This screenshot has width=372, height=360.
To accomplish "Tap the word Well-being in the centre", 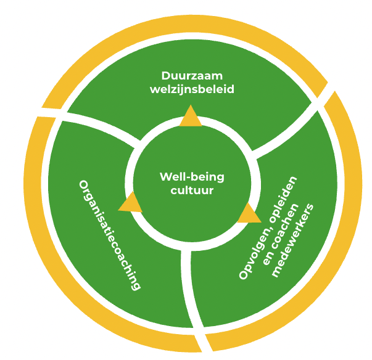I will [192, 177].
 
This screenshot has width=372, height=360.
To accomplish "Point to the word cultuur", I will [192, 190].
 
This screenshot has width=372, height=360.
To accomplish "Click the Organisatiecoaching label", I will [110, 234].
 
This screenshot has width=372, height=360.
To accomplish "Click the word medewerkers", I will [293, 240].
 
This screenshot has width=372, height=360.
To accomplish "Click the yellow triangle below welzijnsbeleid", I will [191, 117].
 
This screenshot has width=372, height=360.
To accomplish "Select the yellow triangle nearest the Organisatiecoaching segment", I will [130, 202].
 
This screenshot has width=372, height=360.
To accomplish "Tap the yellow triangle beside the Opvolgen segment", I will [249, 213].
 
